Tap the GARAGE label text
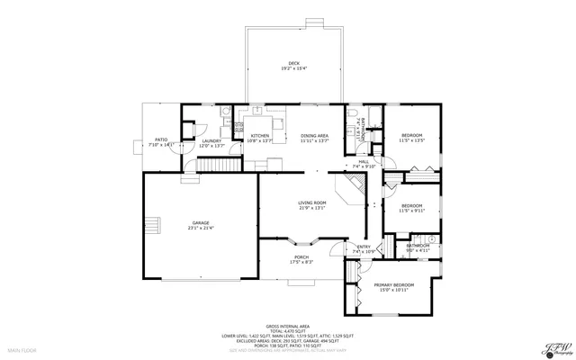pos(200,222)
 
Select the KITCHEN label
pos(260,136)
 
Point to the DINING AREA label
pos(314,136)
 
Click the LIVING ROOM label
pos(312,203)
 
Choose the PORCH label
pos(301,257)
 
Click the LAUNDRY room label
pos(211,140)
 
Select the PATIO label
pos(161,139)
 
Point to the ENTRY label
pos(364,247)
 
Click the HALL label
pos(364,161)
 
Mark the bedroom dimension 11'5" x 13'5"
pos(411,140)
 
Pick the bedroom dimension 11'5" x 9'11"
pos(411,211)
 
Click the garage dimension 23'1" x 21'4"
pos(200,228)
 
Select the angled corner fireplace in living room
pos(351,188)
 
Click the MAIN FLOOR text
pos(21,349)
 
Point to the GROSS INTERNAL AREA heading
pos(287,326)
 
